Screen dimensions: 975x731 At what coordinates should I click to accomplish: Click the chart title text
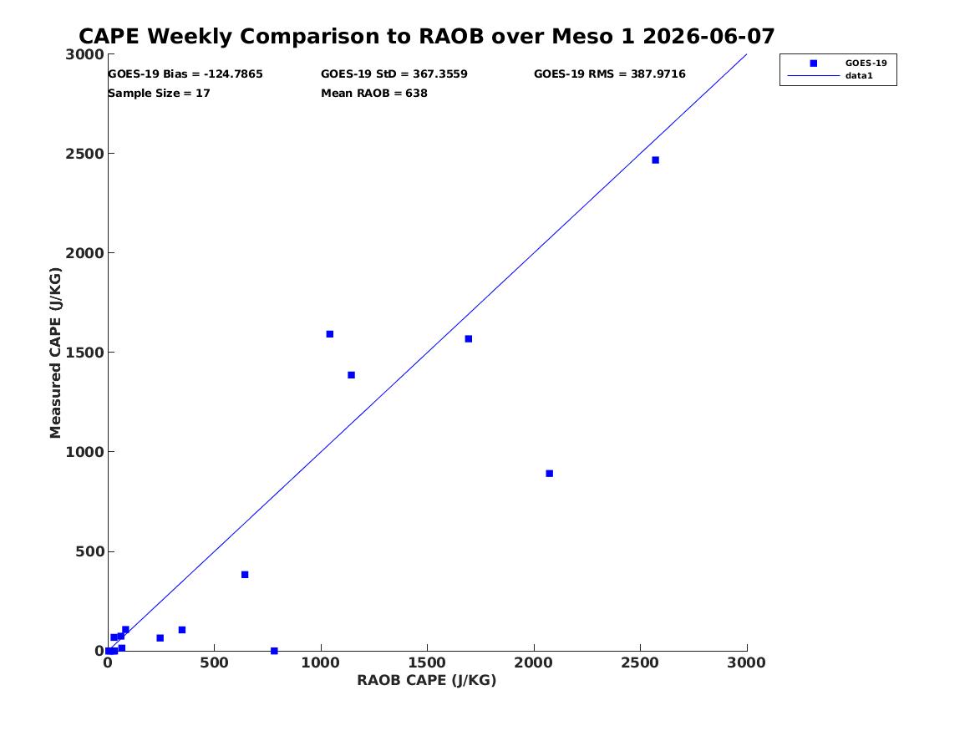click(x=427, y=37)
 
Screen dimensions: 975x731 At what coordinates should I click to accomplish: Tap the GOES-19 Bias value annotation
click(x=185, y=74)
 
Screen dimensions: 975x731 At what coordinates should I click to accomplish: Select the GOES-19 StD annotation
click(x=394, y=74)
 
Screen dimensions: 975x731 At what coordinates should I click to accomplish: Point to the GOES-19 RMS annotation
click(x=609, y=74)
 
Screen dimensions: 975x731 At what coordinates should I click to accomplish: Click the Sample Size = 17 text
click(x=160, y=94)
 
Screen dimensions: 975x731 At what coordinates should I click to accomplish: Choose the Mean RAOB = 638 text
click(x=374, y=94)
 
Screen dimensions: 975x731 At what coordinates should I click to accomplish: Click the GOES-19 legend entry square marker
click(x=813, y=63)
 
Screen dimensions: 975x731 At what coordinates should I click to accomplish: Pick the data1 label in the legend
click(x=859, y=76)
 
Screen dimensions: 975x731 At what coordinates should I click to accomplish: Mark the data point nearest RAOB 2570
click(x=655, y=160)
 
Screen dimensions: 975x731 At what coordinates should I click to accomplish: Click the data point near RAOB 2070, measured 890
click(x=549, y=474)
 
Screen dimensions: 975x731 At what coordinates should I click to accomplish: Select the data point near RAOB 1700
click(x=468, y=339)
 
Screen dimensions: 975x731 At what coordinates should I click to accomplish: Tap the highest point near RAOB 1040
click(x=329, y=334)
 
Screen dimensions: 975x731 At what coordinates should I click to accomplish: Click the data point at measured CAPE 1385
click(x=352, y=375)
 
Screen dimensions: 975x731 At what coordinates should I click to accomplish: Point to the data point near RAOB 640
click(x=245, y=575)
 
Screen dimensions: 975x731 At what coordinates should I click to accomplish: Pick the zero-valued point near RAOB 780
click(x=274, y=651)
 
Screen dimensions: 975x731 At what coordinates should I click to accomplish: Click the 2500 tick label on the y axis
click(x=84, y=154)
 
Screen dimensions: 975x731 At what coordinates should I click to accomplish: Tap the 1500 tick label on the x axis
click(x=427, y=663)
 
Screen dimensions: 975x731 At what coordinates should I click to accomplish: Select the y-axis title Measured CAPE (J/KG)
click(x=55, y=353)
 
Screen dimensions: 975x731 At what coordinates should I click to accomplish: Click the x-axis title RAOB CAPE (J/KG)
click(x=427, y=681)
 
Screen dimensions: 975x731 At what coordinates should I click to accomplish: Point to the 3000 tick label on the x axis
click(x=746, y=663)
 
